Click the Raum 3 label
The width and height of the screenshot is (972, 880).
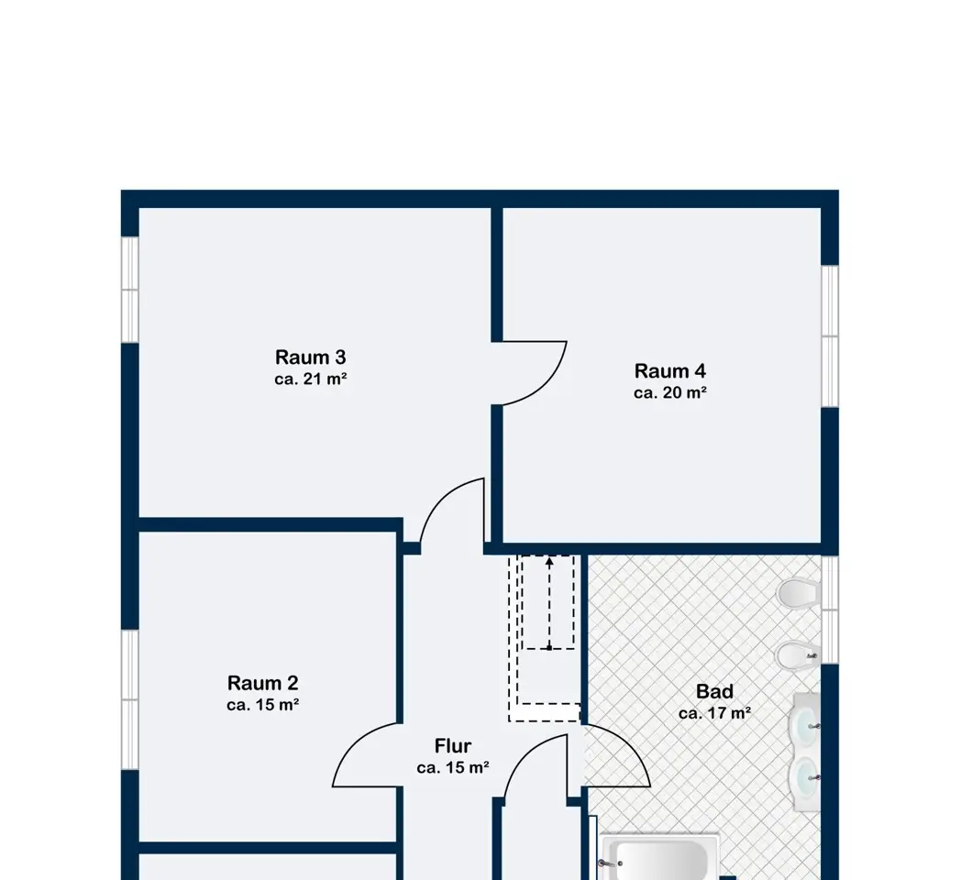point(311,357)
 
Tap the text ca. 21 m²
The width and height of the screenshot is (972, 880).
point(311,379)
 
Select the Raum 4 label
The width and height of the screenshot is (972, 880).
point(670,370)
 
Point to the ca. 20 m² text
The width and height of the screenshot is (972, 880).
point(670,392)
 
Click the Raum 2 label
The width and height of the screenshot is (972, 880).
point(263,683)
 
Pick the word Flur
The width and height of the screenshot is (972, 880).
point(453,745)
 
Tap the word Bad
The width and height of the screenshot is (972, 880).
point(714,691)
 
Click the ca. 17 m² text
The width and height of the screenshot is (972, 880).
point(714,713)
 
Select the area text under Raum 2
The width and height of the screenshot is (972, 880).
point(263,705)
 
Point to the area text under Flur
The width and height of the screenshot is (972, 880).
point(453,768)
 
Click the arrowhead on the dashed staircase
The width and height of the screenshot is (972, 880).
point(549,562)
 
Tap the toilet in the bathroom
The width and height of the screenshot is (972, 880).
point(798,593)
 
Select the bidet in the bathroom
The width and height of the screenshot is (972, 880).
point(798,655)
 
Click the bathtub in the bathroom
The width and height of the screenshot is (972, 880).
point(660,858)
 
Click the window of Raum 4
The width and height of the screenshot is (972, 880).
point(830,335)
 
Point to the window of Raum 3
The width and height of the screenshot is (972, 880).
point(129,290)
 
